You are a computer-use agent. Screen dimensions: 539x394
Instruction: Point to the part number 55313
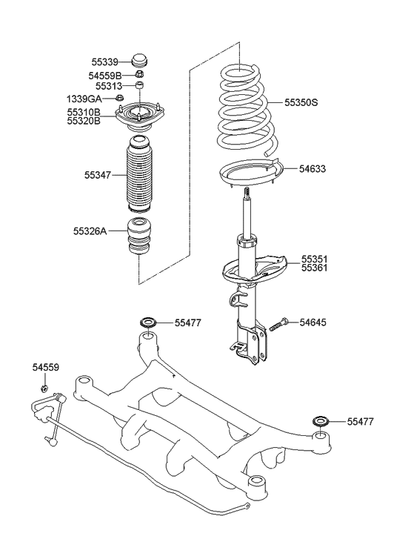click(x=107, y=87)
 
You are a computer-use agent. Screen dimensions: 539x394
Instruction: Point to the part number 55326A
click(x=90, y=231)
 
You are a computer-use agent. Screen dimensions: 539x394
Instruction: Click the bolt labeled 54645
click(x=270, y=325)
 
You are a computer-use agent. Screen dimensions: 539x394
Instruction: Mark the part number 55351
click(x=314, y=259)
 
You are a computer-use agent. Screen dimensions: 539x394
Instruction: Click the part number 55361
click(x=314, y=268)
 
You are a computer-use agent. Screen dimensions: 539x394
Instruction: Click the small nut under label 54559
click(x=45, y=387)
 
